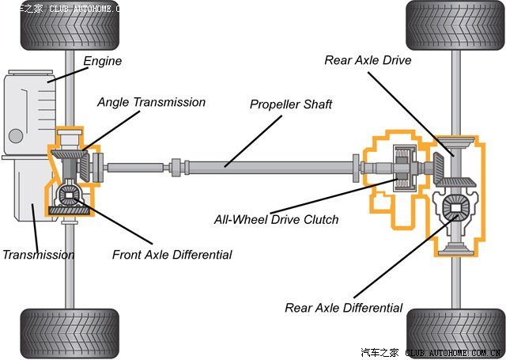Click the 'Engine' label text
pyautogui.click(x=103, y=61)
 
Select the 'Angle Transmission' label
pyautogui.click(x=151, y=103)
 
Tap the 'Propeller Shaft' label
pyautogui.click(x=291, y=104)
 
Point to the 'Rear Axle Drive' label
pyautogui.click(x=368, y=60)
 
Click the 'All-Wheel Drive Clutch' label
pyautogui.click(x=276, y=219)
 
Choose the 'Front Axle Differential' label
pyautogui.click(x=172, y=255)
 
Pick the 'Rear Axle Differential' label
pyautogui.click(x=344, y=308)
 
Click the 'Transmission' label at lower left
pyautogui.click(x=38, y=255)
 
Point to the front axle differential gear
pyautogui.click(x=70, y=195)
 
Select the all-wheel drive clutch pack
pyautogui.click(x=403, y=169)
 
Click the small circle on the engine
pyautogui.click(x=15, y=135)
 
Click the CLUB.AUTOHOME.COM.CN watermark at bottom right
pyautogui.click(x=451, y=353)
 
